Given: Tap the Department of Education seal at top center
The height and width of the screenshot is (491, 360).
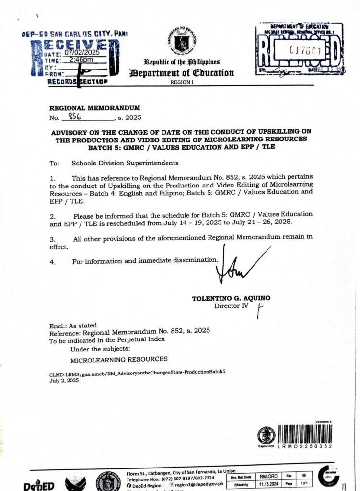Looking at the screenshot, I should tap(188, 41).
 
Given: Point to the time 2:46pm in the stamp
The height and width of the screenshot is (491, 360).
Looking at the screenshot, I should tap(81, 60).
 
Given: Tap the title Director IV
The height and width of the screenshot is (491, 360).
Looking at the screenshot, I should tap(231, 305).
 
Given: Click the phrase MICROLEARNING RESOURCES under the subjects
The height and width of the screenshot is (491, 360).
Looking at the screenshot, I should tap(119, 359).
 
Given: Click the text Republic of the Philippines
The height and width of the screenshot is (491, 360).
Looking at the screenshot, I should tap(182, 63).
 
